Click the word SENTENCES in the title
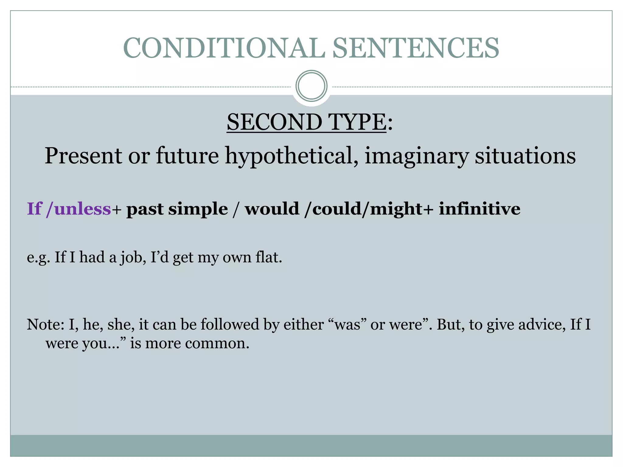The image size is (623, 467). coord(416,48)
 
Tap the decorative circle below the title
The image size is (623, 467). coord(311,86)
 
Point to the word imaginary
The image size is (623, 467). coord(416,156)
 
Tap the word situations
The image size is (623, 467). coord(525,156)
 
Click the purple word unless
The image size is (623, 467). coord(82,209)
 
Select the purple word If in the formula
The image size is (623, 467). coord(34,209)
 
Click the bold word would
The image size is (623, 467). coord(272,209)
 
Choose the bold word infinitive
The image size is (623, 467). coord(479,209)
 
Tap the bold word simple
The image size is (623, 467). coord(198,209)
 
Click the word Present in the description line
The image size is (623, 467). coord(83,156)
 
